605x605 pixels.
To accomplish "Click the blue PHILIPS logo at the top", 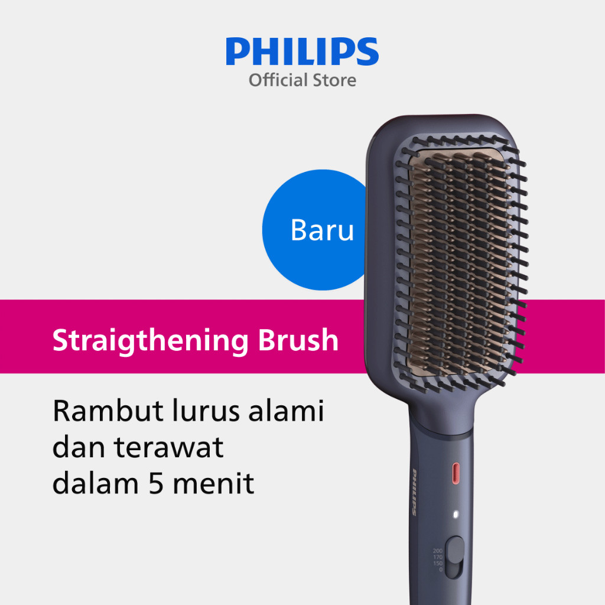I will click(x=302, y=52).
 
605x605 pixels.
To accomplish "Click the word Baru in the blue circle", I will click(x=322, y=230).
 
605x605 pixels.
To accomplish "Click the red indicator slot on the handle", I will click(x=456, y=472).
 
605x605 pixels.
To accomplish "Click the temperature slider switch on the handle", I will click(x=455, y=555).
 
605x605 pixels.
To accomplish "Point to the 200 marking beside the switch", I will click(x=437, y=551).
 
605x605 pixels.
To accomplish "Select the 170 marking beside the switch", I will click(x=437, y=557).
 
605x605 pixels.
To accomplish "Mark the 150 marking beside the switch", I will click(x=437, y=563).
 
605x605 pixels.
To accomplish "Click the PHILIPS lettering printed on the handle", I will click(x=414, y=492).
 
